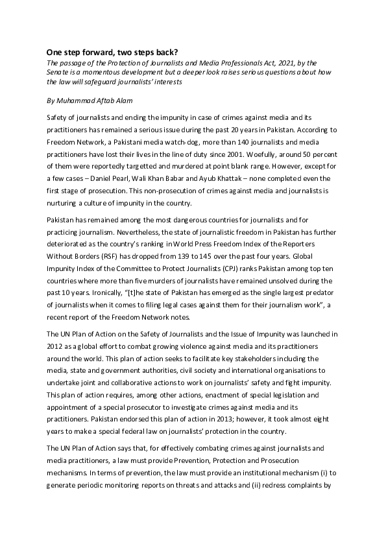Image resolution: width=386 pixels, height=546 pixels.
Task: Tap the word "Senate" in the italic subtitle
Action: tap(57, 73)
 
